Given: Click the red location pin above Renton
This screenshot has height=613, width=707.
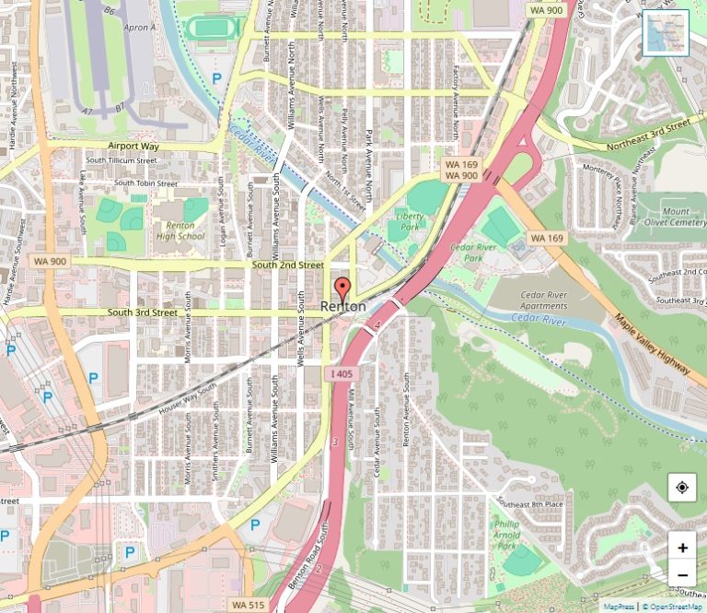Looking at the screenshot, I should [x=342, y=287].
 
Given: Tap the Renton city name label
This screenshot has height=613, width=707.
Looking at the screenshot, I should [x=342, y=306].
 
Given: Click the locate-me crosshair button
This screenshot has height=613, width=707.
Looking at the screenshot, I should [x=681, y=488].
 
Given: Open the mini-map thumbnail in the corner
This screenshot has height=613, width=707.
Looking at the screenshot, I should [x=665, y=34].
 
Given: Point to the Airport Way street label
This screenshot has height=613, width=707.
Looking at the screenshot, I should [x=133, y=147].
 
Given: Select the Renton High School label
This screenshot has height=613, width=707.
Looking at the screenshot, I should [x=180, y=230].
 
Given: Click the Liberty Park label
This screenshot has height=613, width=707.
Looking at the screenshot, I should [x=409, y=221].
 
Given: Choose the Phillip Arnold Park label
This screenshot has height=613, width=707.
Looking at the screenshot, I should [x=506, y=534].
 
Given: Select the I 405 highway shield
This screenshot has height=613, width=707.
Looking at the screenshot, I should [x=340, y=373].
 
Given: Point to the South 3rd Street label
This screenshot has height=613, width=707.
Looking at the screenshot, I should [x=142, y=312].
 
